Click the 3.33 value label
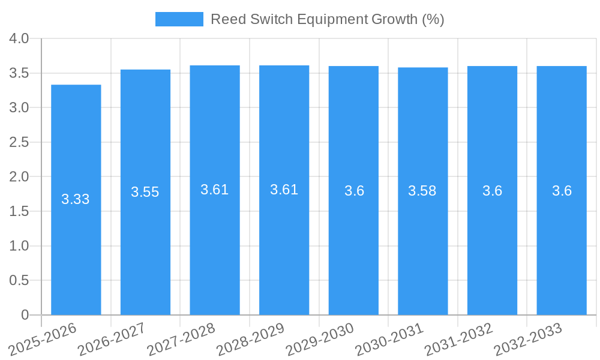(x=76, y=199)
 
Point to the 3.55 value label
(x=145, y=192)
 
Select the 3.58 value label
(x=422, y=191)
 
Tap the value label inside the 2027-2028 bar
(x=215, y=190)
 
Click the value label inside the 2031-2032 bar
(x=492, y=191)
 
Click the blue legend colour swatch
(x=179, y=19)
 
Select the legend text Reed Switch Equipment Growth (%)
(x=327, y=19)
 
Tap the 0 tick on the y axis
(x=25, y=315)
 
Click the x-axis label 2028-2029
(x=251, y=338)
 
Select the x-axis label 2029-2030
(x=320, y=338)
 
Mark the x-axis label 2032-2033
(x=528, y=338)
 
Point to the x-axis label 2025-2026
(x=43, y=338)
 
